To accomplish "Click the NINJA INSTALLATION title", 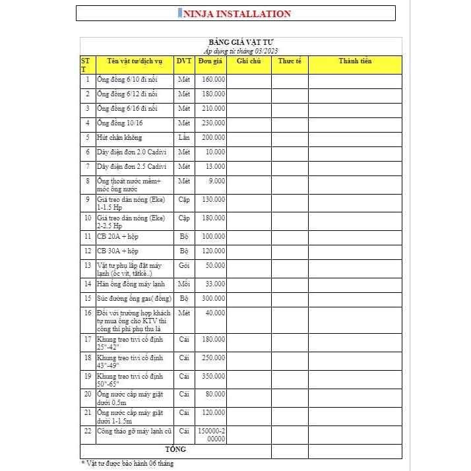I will point(235,13).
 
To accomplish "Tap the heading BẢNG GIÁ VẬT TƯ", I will point(241,42).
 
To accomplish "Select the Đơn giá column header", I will point(210,61).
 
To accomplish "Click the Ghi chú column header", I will point(249,61).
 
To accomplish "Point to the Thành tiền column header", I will point(355,61).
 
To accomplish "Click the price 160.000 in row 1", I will point(213,80).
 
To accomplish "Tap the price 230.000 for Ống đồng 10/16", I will point(213,123).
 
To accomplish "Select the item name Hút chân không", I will point(119,138).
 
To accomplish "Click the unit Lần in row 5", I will point(184,138).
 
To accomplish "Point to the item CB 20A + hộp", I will point(118,236).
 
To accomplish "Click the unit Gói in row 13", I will point(184,265).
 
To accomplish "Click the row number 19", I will point(87,376).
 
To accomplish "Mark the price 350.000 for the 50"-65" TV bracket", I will point(213,376).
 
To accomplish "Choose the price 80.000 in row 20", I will point(215,394).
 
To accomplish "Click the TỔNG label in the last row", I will point(175,450).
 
